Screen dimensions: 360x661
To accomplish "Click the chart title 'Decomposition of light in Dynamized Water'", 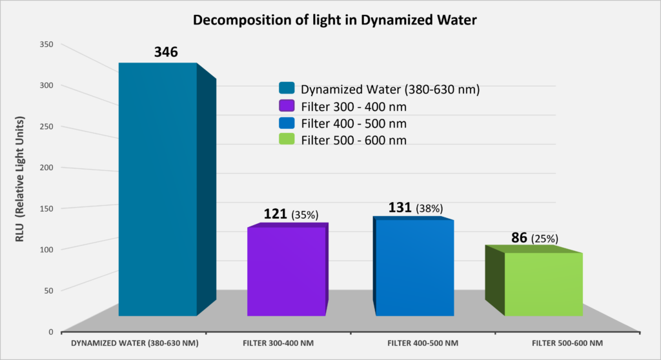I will point(330,20).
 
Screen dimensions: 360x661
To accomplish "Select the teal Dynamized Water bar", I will point(158,194).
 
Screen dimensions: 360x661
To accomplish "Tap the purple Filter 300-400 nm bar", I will point(286,271).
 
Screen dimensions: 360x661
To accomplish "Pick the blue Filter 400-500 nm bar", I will point(414,268).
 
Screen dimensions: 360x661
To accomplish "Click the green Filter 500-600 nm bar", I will point(543,284).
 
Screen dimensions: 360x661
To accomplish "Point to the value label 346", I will point(165,52).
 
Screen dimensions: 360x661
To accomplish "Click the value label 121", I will point(276,214).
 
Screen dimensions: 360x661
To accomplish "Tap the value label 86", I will point(519,237).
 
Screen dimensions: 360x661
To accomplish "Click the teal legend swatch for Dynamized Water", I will point(287,88).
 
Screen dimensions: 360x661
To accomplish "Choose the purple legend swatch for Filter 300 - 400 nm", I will point(287,105).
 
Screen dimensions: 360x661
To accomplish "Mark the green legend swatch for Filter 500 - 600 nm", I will point(287,139).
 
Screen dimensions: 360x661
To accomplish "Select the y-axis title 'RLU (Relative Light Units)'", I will point(21,181).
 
